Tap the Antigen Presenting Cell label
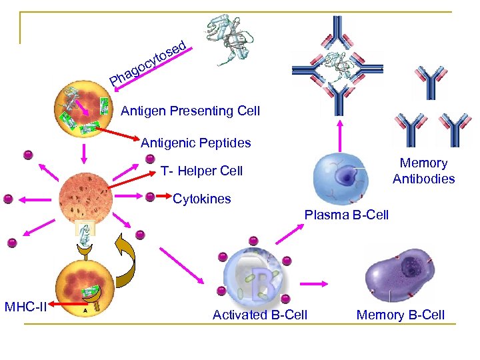pyautogui.click(x=190, y=111)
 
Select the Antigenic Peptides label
pyautogui.click(x=195, y=142)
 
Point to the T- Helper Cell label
pyautogui.click(x=201, y=171)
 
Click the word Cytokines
pyautogui.click(x=201, y=199)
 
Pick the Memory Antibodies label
pyautogui.click(x=423, y=171)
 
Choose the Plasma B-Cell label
pyautogui.click(x=346, y=215)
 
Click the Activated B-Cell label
pyautogui.click(x=259, y=315)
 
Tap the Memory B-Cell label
pyautogui.click(x=400, y=315)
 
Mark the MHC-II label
pyautogui.click(x=25, y=307)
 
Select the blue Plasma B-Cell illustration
pyautogui.click(x=345, y=177)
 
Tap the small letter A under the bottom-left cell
pyautogui.click(x=85, y=309)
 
